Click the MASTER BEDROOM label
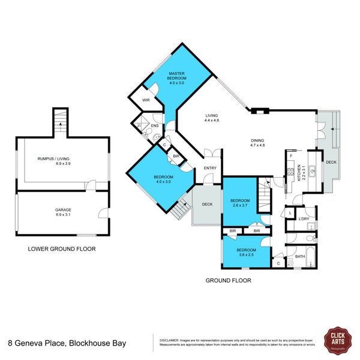(177, 76)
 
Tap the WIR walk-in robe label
(145, 100)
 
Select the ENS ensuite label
(154, 126)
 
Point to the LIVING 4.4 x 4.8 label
(211, 118)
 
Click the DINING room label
(257, 142)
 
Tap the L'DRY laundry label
(304, 219)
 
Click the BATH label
(300, 256)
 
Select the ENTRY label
(210, 168)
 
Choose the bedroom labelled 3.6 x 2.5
(245, 252)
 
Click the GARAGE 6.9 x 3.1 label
(63, 212)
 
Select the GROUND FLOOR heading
(228, 280)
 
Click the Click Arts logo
(335, 338)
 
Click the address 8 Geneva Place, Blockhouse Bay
(62, 344)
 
